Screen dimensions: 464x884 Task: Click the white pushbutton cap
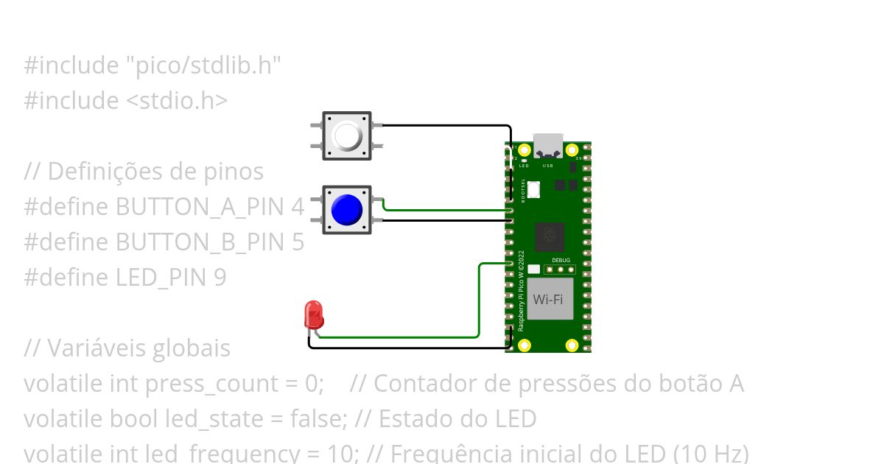[347, 136]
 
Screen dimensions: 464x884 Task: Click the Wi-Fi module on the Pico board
[549, 300]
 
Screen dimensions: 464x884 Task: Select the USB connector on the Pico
[548, 145]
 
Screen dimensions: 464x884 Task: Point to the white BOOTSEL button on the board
[533, 189]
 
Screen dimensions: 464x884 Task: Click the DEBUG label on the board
[560, 260]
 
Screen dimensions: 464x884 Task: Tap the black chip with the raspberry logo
[549, 236]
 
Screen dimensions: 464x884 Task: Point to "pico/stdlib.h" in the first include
[203, 66]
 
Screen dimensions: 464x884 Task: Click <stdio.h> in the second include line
[172, 101]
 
